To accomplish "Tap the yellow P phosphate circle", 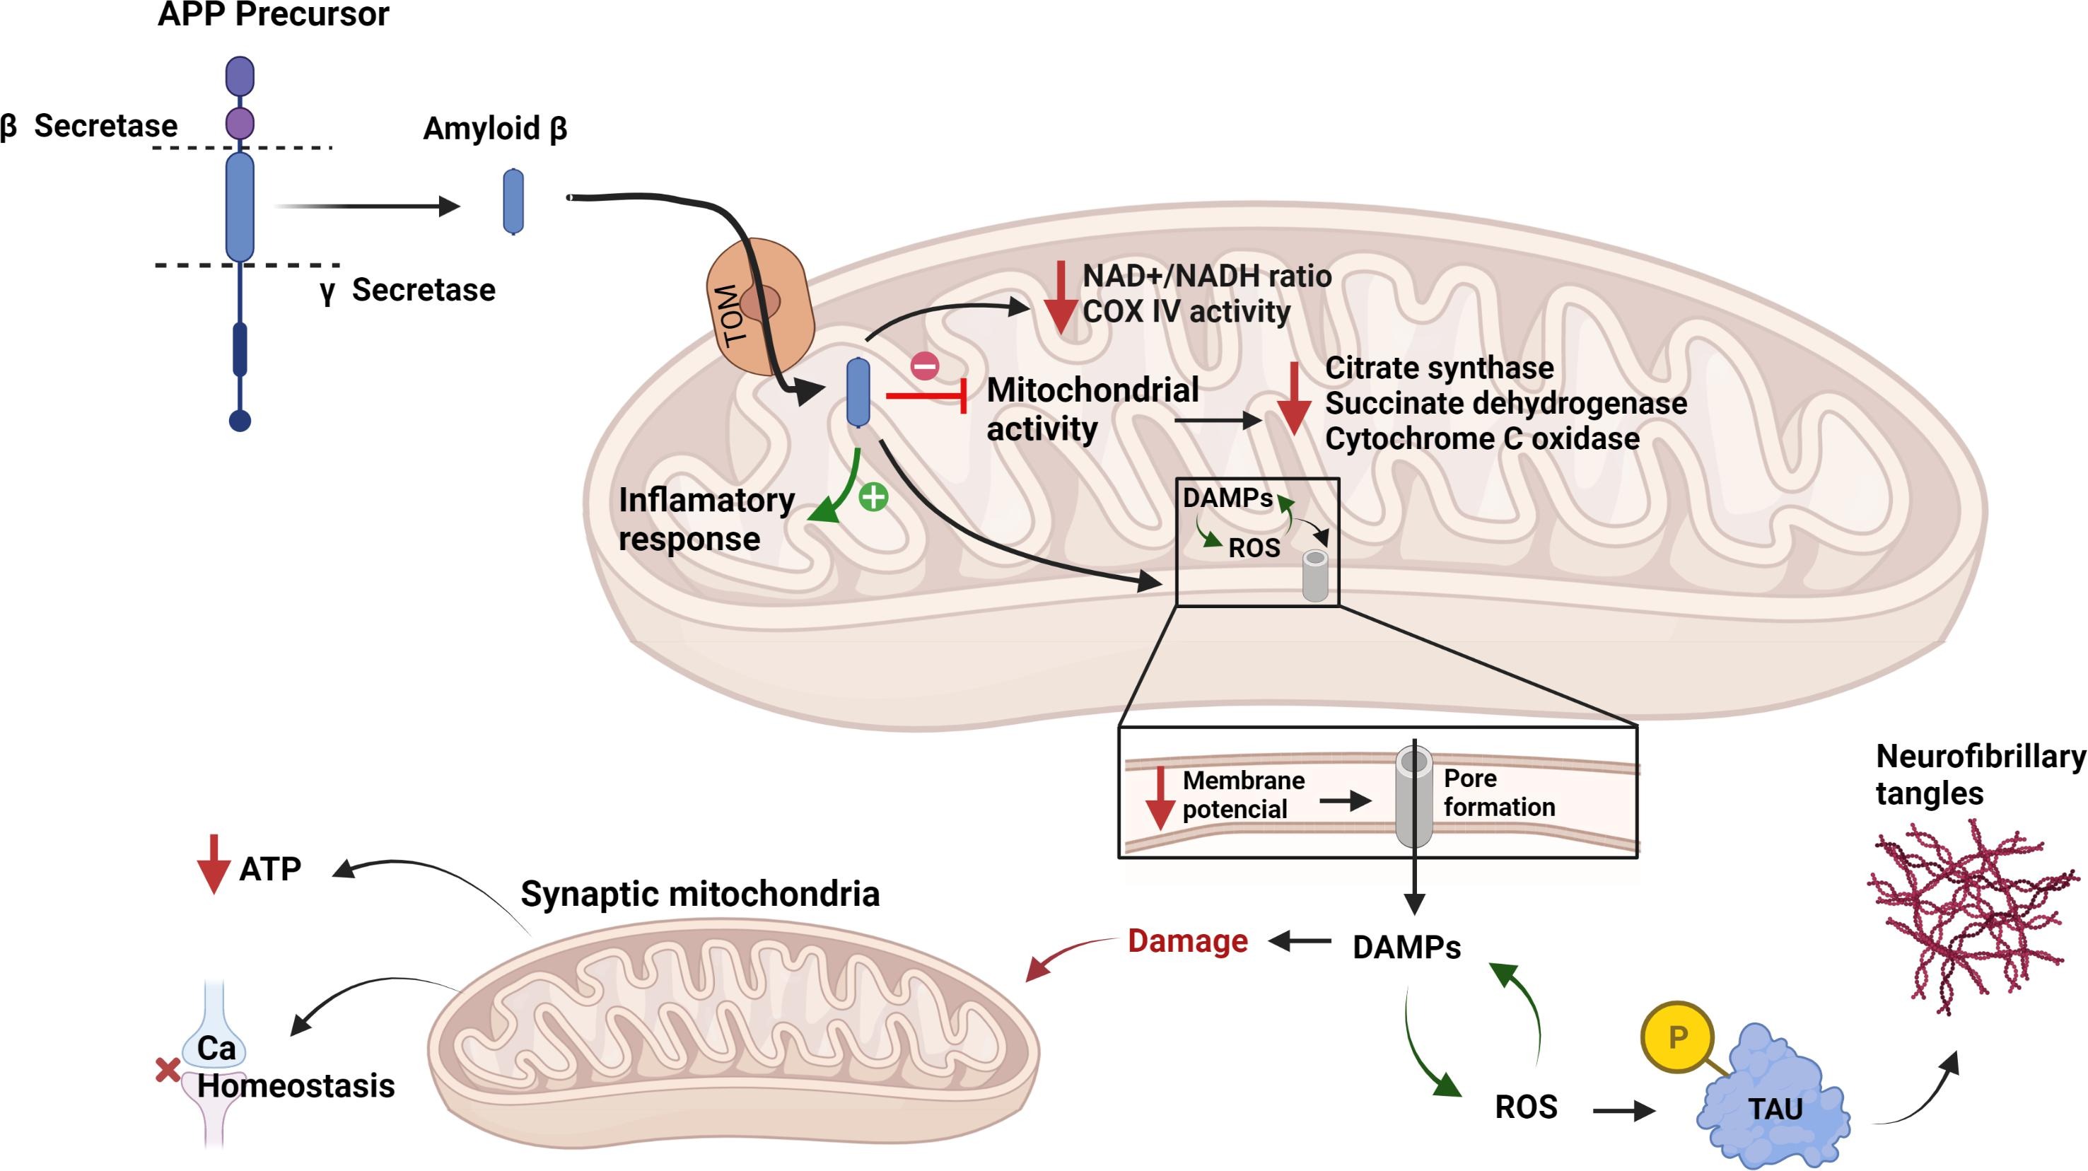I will pos(1677,1037).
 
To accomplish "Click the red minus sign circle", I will pos(924,366).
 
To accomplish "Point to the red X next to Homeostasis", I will pos(167,1071).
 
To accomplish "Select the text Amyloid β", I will pos(494,128).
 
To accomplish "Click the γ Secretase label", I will pos(408,290).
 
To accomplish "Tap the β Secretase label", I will pos(89,127).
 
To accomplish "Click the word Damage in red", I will pos(1187,941).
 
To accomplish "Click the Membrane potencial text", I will pos(1242,794).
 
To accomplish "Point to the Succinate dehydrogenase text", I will pos(1505,403).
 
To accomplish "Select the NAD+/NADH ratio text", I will pos(1206,276).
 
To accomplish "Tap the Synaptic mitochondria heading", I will pos(699,894).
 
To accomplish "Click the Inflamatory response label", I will pos(705,518).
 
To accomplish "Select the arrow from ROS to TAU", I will pos(1623,1110).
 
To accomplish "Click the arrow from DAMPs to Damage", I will pos(1300,941).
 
